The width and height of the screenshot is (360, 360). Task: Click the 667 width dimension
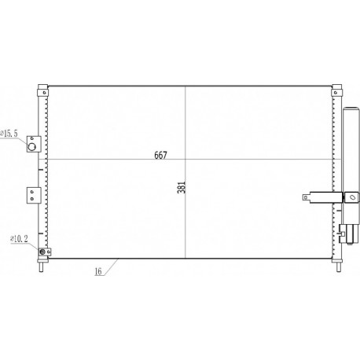point(160,155)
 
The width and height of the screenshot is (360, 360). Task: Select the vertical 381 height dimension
point(182,187)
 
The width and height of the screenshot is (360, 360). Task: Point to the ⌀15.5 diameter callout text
point(9,134)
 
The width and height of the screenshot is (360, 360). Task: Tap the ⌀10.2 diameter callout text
point(19,239)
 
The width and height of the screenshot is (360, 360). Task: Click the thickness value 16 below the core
point(98,271)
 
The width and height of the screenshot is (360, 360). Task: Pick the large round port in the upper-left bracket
point(32,147)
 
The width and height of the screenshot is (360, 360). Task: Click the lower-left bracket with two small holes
point(34,195)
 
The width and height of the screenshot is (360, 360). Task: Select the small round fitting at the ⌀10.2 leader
point(42,252)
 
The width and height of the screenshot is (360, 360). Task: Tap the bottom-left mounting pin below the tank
point(42,266)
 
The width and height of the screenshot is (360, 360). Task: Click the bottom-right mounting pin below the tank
point(339,266)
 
